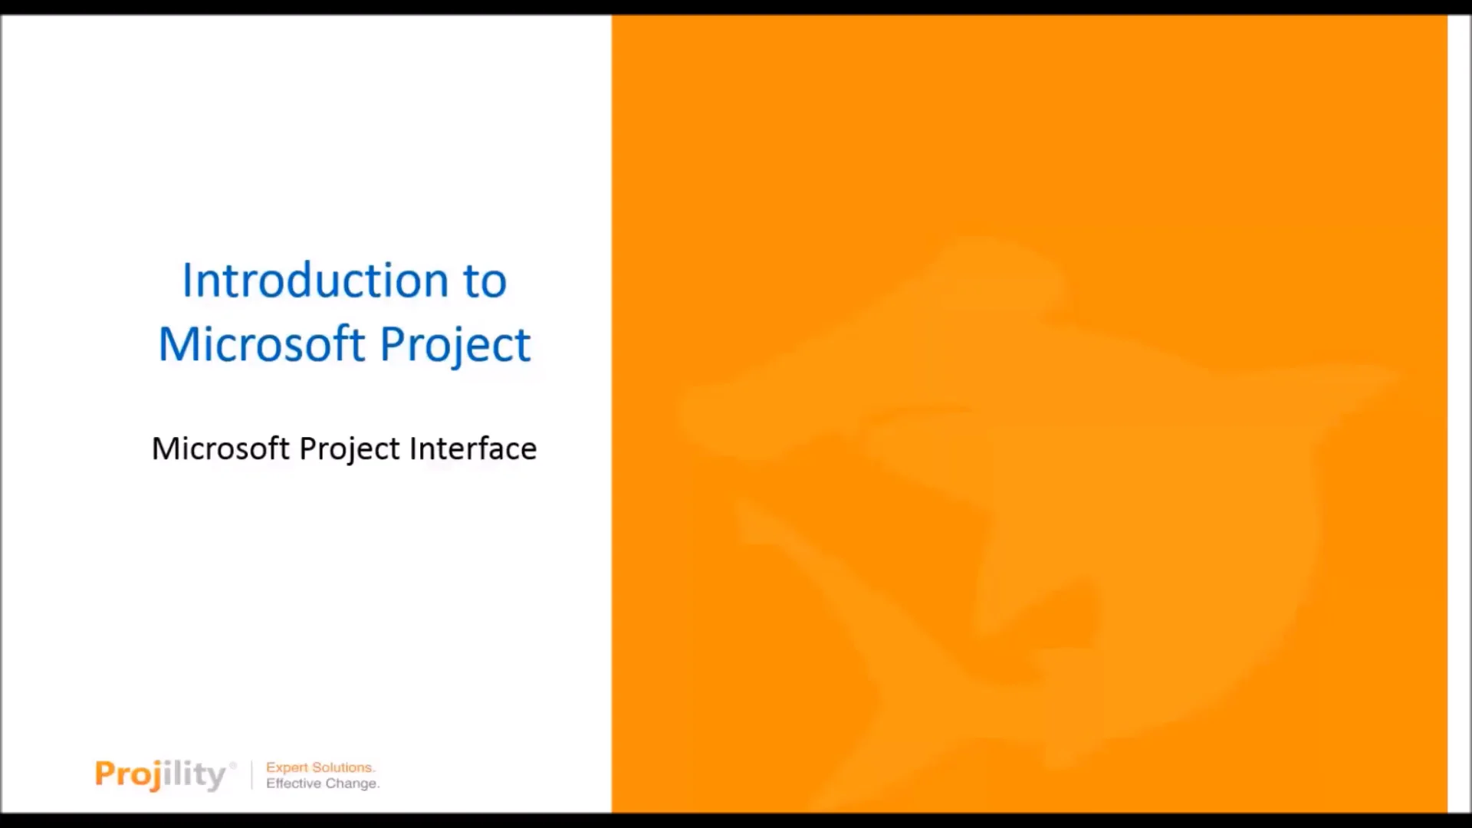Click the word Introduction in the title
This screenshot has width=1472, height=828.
pos(315,281)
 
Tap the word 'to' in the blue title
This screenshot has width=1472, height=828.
pos(485,281)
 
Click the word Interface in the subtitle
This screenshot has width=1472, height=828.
pos(472,449)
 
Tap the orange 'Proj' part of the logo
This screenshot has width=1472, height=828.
pos(127,774)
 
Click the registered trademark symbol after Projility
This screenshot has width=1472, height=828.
pos(233,764)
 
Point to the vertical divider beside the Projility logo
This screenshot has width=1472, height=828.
pos(251,775)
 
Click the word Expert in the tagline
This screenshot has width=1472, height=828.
pos(287,767)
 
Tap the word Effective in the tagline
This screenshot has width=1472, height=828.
pos(293,784)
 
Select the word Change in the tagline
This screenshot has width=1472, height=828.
pos(352,784)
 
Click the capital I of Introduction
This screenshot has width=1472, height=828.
pos(186,281)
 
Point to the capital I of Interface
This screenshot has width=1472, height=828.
pos(412,449)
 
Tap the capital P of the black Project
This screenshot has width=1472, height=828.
pos(307,449)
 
